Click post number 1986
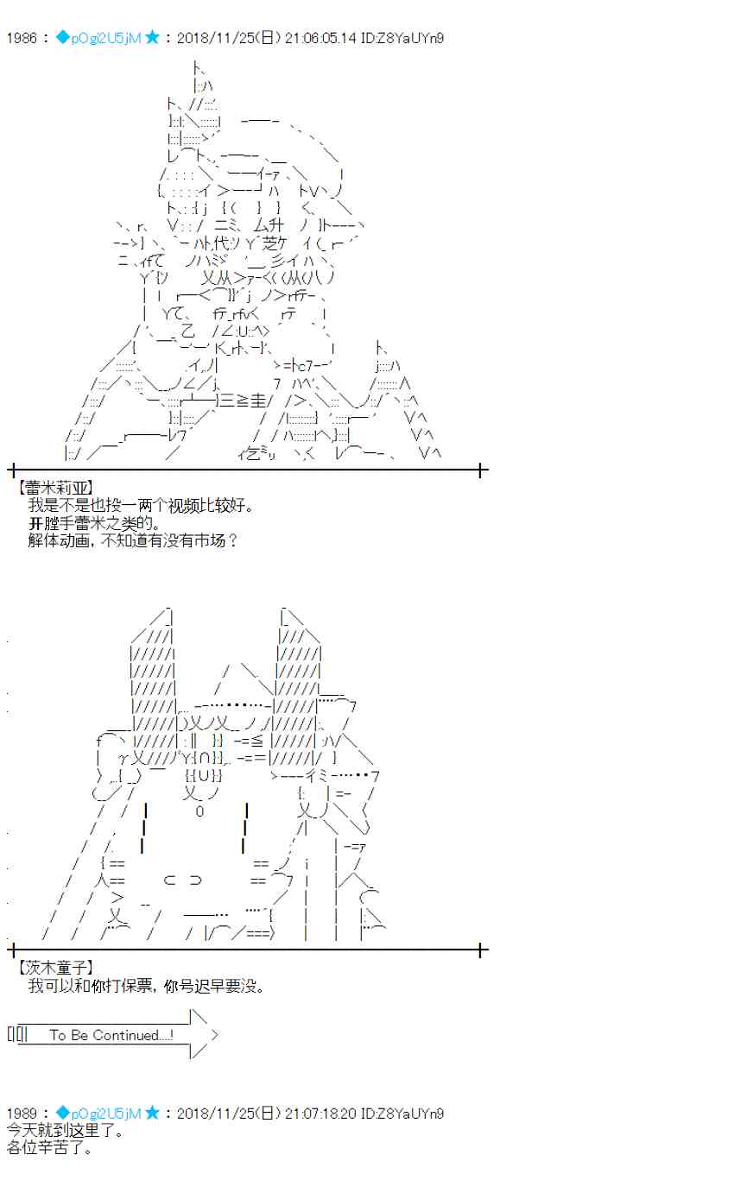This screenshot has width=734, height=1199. click(21, 38)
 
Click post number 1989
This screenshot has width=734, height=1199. click(21, 1114)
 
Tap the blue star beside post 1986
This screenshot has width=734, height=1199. click(152, 38)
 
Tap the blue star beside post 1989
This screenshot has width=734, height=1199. click(152, 1114)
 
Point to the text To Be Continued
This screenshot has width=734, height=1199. click(111, 1035)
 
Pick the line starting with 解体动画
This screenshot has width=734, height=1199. click(132, 541)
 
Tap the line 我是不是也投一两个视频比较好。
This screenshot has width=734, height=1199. click(142, 506)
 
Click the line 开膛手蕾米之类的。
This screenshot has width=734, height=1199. click(95, 523)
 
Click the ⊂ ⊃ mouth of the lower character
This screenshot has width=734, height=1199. click(182, 880)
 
